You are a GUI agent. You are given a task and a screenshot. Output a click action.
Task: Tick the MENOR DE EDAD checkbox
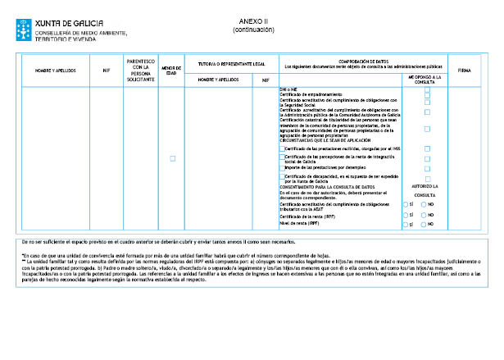(172, 158)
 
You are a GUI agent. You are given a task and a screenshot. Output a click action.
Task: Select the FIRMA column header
(465, 70)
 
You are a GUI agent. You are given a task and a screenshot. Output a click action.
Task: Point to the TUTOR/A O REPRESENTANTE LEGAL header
(225, 63)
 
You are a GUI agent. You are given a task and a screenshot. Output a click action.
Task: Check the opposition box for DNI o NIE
(427, 89)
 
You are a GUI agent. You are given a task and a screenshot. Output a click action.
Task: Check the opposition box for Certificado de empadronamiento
(427, 94)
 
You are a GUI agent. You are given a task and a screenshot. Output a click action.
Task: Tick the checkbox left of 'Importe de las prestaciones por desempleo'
(282, 167)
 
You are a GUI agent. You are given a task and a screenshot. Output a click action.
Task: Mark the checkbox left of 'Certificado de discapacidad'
(282, 176)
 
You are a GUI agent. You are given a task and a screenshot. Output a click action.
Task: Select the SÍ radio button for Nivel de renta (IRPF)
(405, 223)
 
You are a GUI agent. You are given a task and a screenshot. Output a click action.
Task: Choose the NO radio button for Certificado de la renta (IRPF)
(424, 215)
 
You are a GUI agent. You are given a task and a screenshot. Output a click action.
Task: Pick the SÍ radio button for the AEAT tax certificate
(405, 204)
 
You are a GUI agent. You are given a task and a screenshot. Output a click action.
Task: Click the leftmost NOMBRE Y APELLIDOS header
(55, 71)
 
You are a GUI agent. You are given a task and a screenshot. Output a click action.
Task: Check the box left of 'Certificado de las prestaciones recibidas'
(282, 148)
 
